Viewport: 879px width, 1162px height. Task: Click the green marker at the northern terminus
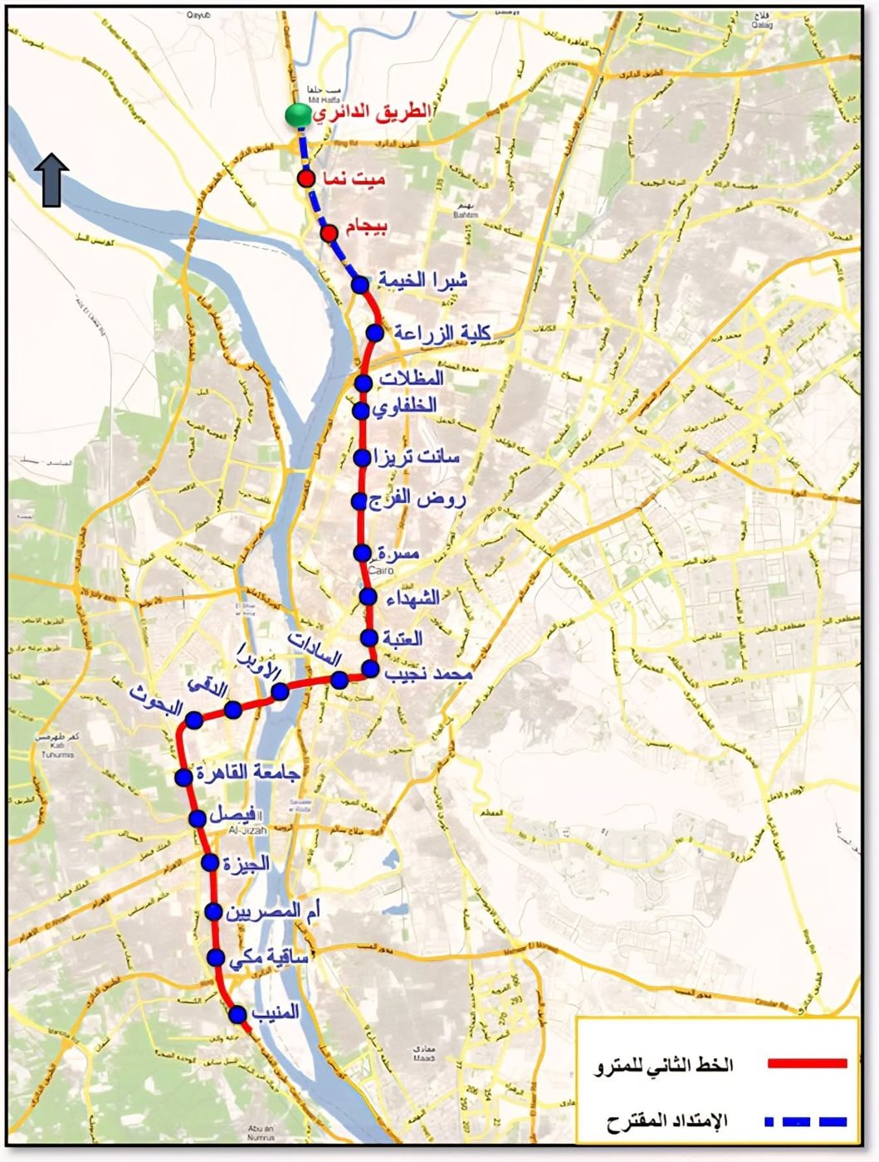point(295,115)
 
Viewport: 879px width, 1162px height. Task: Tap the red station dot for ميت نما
point(306,179)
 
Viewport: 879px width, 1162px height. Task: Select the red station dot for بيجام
point(329,232)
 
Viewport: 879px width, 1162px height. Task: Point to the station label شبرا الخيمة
point(423,281)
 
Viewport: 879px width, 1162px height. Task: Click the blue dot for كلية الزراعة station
point(375,333)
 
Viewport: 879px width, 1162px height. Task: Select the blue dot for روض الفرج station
point(359,501)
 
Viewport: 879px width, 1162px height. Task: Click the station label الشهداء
point(412,597)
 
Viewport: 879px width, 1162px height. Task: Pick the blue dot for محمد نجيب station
point(370,669)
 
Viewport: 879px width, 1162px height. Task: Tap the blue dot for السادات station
point(339,681)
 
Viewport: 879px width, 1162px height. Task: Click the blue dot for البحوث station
point(194,719)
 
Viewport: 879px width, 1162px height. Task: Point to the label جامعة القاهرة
point(247,773)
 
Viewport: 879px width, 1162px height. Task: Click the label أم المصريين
point(273,911)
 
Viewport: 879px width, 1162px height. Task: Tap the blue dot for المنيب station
point(237,1014)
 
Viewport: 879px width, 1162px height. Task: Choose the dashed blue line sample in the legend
point(805,1121)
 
